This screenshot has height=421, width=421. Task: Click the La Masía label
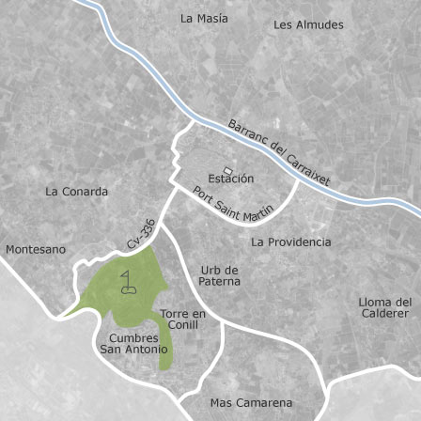(x=204, y=19)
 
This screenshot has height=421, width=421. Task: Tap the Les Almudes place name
(x=308, y=25)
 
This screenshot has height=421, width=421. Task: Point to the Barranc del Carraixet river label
(x=279, y=150)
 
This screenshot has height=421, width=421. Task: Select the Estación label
(x=231, y=178)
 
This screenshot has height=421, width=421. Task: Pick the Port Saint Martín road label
(x=232, y=205)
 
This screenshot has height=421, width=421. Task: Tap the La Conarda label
(x=77, y=192)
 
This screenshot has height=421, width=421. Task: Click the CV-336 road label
(x=141, y=234)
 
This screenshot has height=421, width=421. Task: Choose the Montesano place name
(x=36, y=250)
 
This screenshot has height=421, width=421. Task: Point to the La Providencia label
(x=291, y=242)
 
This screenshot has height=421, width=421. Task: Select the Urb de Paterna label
(x=220, y=275)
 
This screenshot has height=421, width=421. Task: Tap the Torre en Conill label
(x=183, y=320)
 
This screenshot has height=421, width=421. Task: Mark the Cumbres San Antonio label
(x=128, y=343)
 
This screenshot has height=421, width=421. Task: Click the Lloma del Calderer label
(x=385, y=307)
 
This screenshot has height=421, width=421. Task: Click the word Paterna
(x=220, y=281)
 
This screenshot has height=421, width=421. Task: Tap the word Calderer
(x=386, y=313)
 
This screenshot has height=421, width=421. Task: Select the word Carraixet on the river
(x=309, y=167)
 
